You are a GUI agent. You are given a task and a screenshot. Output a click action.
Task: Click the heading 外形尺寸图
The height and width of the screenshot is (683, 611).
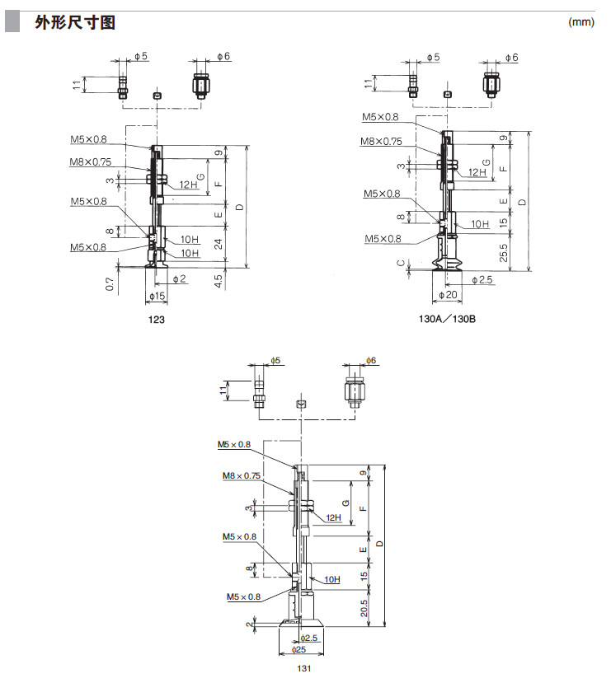tap(74, 22)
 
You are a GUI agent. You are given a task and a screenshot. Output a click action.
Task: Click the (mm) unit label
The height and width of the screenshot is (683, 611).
tap(581, 22)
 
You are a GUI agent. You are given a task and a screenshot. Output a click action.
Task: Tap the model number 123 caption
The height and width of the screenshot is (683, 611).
tap(156, 319)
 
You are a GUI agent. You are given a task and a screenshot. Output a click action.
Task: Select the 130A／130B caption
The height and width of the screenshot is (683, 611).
tap(449, 319)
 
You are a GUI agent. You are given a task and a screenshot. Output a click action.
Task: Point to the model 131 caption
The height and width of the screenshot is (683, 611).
tap(303, 669)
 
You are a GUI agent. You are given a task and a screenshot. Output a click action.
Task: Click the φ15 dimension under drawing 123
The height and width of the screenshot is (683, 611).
tap(156, 296)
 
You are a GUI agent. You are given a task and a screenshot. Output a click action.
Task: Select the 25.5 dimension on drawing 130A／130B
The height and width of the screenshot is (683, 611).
tap(502, 250)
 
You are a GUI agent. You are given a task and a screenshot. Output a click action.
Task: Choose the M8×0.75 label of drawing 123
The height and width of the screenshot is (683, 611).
tap(91, 161)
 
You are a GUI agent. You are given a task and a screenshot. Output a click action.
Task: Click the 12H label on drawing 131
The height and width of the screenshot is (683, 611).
tap(333, 517)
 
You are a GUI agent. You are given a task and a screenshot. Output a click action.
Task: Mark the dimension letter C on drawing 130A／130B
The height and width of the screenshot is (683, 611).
tap(400, 264)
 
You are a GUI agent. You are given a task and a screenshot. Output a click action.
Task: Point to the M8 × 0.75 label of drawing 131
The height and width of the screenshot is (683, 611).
tap(241, 475)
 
